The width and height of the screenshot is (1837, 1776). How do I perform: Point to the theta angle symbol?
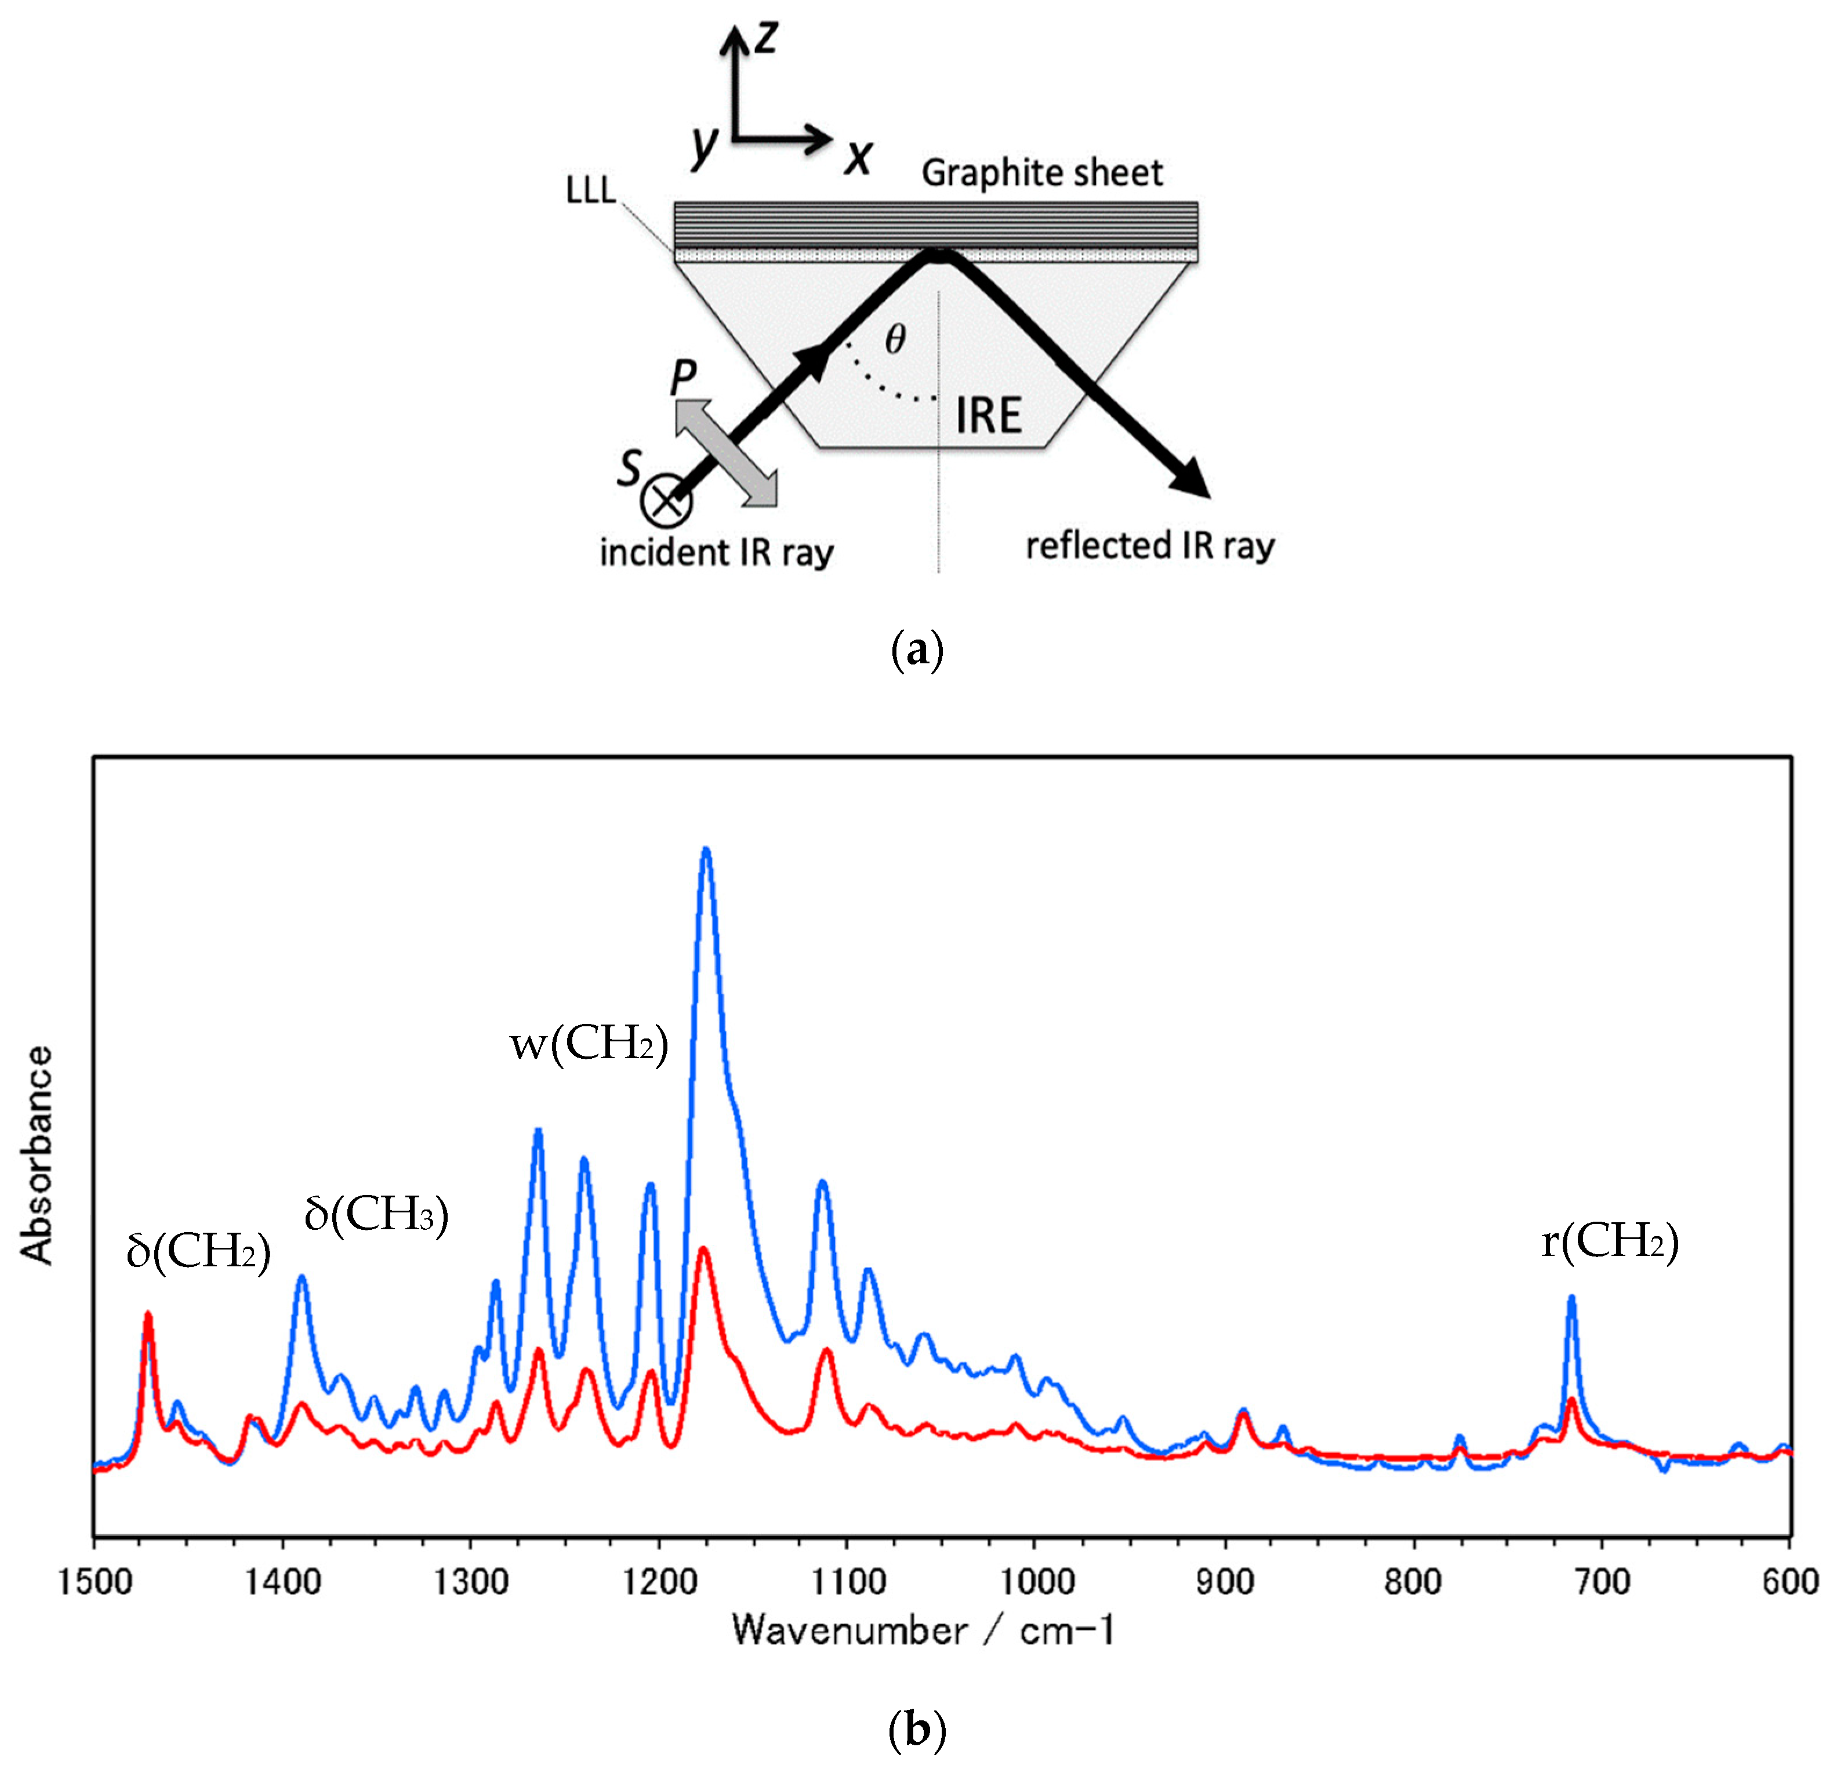[x=895, y=340]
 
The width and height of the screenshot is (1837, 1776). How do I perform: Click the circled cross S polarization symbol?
[x=666, y=502]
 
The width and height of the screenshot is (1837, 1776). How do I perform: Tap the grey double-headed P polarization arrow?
[x=727, y=453]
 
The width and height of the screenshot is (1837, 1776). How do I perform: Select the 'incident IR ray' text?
[x=716, y=553]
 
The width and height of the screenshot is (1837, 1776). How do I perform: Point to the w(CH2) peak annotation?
[x=589, y=1043]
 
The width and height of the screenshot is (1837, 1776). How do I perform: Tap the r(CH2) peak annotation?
[x=1609, y=1242]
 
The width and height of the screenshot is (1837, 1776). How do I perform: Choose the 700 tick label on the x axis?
[x=1602, y=1582]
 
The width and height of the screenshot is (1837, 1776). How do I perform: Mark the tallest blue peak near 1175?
[x=706, y=852]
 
